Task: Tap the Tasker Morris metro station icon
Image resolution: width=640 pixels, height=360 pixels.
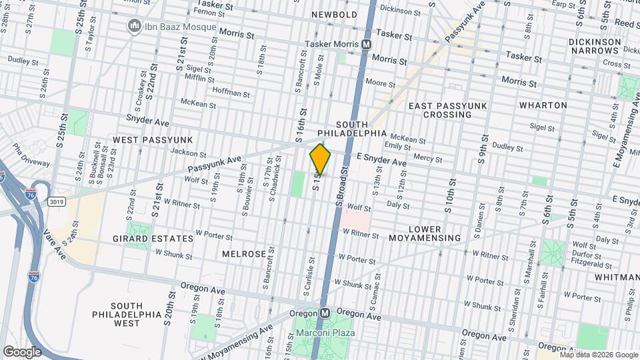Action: point(366,44)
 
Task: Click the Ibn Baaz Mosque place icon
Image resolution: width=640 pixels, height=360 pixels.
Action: point(134,27)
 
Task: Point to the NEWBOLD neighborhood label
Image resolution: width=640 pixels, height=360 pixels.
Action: point(335,15)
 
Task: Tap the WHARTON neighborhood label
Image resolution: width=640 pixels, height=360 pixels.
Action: point(543,105)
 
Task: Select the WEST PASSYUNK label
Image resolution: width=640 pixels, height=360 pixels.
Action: point(153,140)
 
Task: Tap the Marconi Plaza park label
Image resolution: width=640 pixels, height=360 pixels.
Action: point(326,333)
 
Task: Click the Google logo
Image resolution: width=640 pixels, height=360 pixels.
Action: point(22,351)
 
